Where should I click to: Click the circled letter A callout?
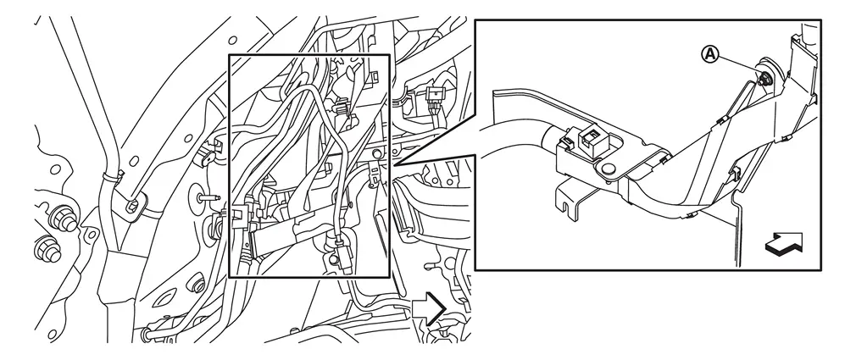click(x=709, y=54)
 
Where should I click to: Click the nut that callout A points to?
click(x=763, y=80)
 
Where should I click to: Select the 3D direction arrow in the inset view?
click(x=785, y=243)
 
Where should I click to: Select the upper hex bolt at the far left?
click(x=62, y=219)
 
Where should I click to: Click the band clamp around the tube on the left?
click(x=111, y=177)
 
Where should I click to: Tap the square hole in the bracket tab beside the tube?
click(x=134, y=206)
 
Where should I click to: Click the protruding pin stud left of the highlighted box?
click(x=208, y=197)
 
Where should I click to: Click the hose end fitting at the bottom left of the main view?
click(x=147, y=332)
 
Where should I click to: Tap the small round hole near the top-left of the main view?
click(x=232, y=40)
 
